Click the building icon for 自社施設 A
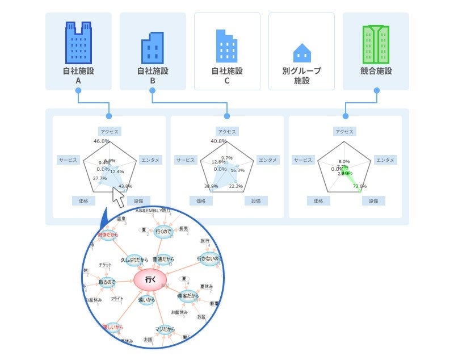(x=78, y=42)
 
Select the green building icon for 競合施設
(x=376, y=44)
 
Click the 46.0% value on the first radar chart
(x=102, y=141)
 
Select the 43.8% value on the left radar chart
(x=125, y=186)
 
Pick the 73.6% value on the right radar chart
(x=360, y=186)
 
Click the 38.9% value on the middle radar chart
(x=211, y=186)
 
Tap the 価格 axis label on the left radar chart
(x=79, y=200)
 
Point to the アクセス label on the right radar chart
(x=344, y=132)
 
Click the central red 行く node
(x=150, y=279)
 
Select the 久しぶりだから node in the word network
(x=133, y=259)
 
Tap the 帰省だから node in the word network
(x=187, y=296)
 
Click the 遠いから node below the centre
(x=147, y=300)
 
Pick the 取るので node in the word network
(x=107, y=282)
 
